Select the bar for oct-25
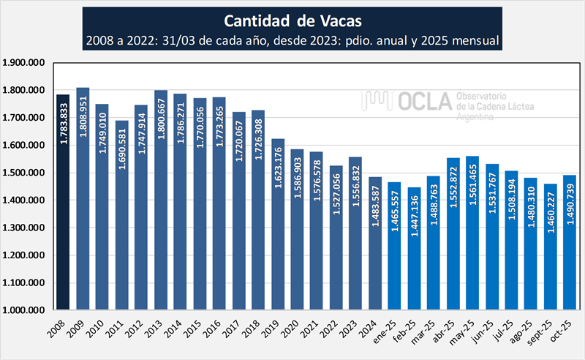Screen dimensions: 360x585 [x=570, y=242]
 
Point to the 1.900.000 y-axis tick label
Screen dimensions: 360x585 [x=24, y=63]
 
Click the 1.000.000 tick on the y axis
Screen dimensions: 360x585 [x=24, y=310]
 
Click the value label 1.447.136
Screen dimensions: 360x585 [x=415, y=220]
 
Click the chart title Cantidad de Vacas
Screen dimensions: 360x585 [x=292, y=19]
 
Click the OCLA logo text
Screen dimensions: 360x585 [x=425, y=102]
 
